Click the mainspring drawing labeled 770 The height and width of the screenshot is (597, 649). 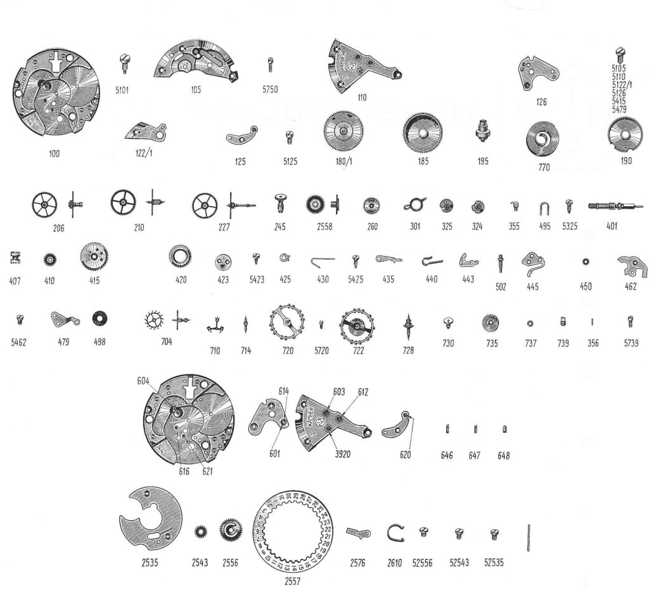(543, 141)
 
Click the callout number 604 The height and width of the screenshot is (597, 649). (143, 382)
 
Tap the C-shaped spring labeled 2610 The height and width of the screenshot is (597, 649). (396, 534)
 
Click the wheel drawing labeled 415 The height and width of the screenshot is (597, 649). (94, 257)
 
